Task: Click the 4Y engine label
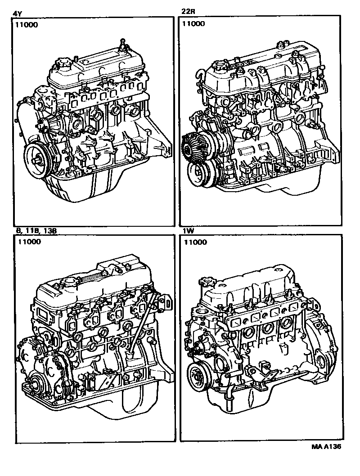point(18,13)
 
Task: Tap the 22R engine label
point(188,12)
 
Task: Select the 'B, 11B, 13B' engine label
point(36,231)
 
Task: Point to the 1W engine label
point(188,231)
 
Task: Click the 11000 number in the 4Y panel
point(27,25)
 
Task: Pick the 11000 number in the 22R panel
point(193,24)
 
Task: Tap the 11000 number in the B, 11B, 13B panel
point(29,242)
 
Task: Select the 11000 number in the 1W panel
point(195,242)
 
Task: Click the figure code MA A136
point(326,447)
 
